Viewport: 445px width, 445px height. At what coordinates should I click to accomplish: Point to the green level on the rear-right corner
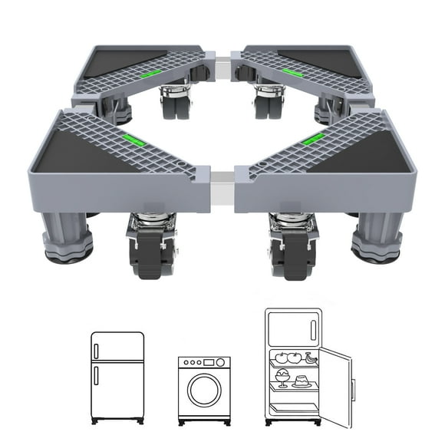(x=290, y=72)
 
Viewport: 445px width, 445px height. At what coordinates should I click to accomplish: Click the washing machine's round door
(x=204, y=394)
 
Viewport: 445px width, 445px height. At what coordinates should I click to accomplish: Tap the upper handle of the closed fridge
(x=97, y=347)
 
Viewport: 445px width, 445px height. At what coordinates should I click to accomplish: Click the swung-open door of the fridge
(x=337, y=388)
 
